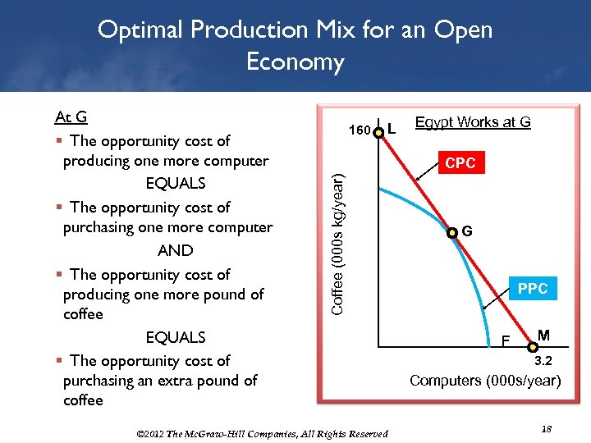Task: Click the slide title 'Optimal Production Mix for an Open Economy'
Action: [295, 45]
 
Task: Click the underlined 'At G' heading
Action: [71, 117]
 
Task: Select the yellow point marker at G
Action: [452, 233]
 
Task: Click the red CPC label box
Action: [460, 163]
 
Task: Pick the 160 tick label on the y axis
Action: [360, 130]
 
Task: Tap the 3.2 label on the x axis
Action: [543, 361]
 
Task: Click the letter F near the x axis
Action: [506, 340]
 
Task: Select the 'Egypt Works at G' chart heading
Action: [473, 122]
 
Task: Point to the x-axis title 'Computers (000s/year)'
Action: [485, 381]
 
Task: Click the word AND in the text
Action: [175, 251]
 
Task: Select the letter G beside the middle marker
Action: [466, 231]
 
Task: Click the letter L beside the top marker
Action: [393, 129]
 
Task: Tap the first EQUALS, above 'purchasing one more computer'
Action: [175, 183]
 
